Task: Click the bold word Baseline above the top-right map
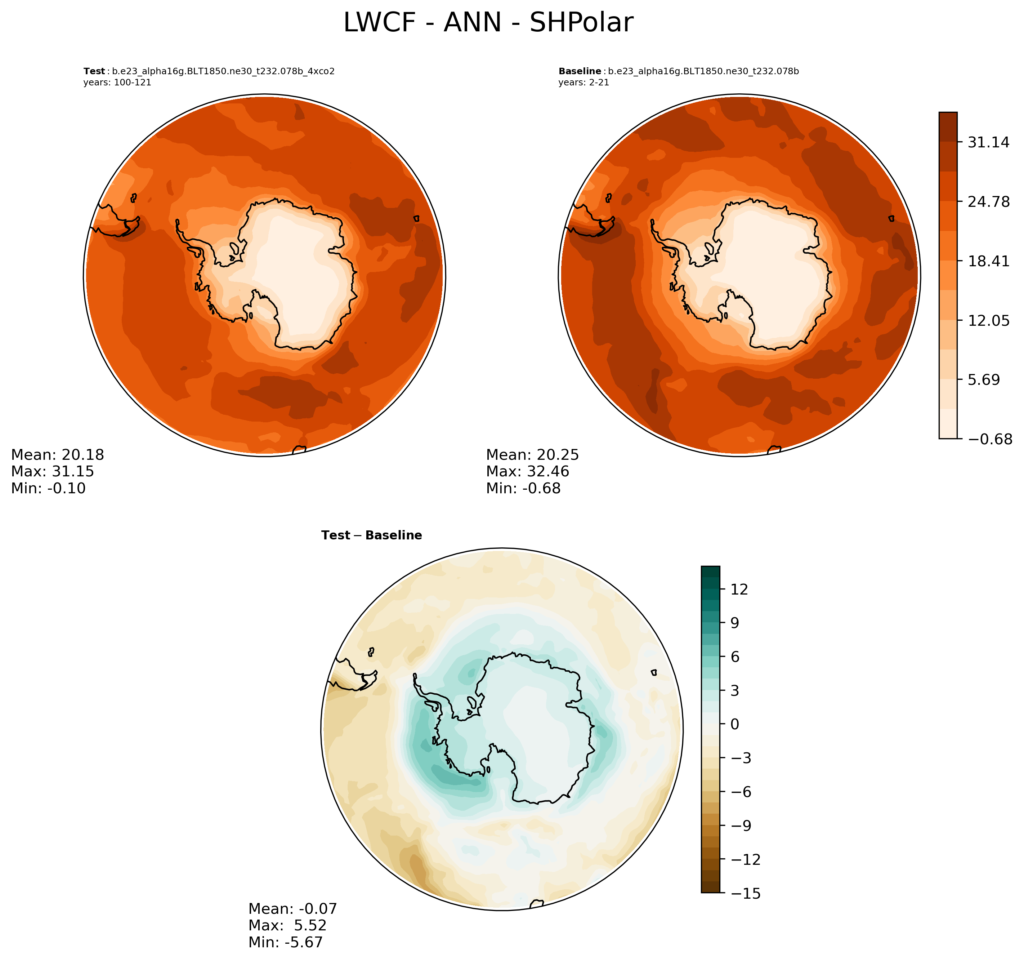[580, 71]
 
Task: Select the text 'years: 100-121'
[117, 83]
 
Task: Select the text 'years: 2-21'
[583, 83]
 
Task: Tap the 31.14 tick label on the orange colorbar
[988, 142]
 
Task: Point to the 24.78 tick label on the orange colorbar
[988, 201]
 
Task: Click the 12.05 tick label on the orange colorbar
[988, 320]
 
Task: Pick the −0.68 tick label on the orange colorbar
[990, 439]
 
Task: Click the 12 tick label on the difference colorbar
[739, 589]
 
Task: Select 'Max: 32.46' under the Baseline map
[527, 471]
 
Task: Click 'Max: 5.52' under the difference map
[287, 925]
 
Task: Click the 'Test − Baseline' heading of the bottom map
[371, 535]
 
